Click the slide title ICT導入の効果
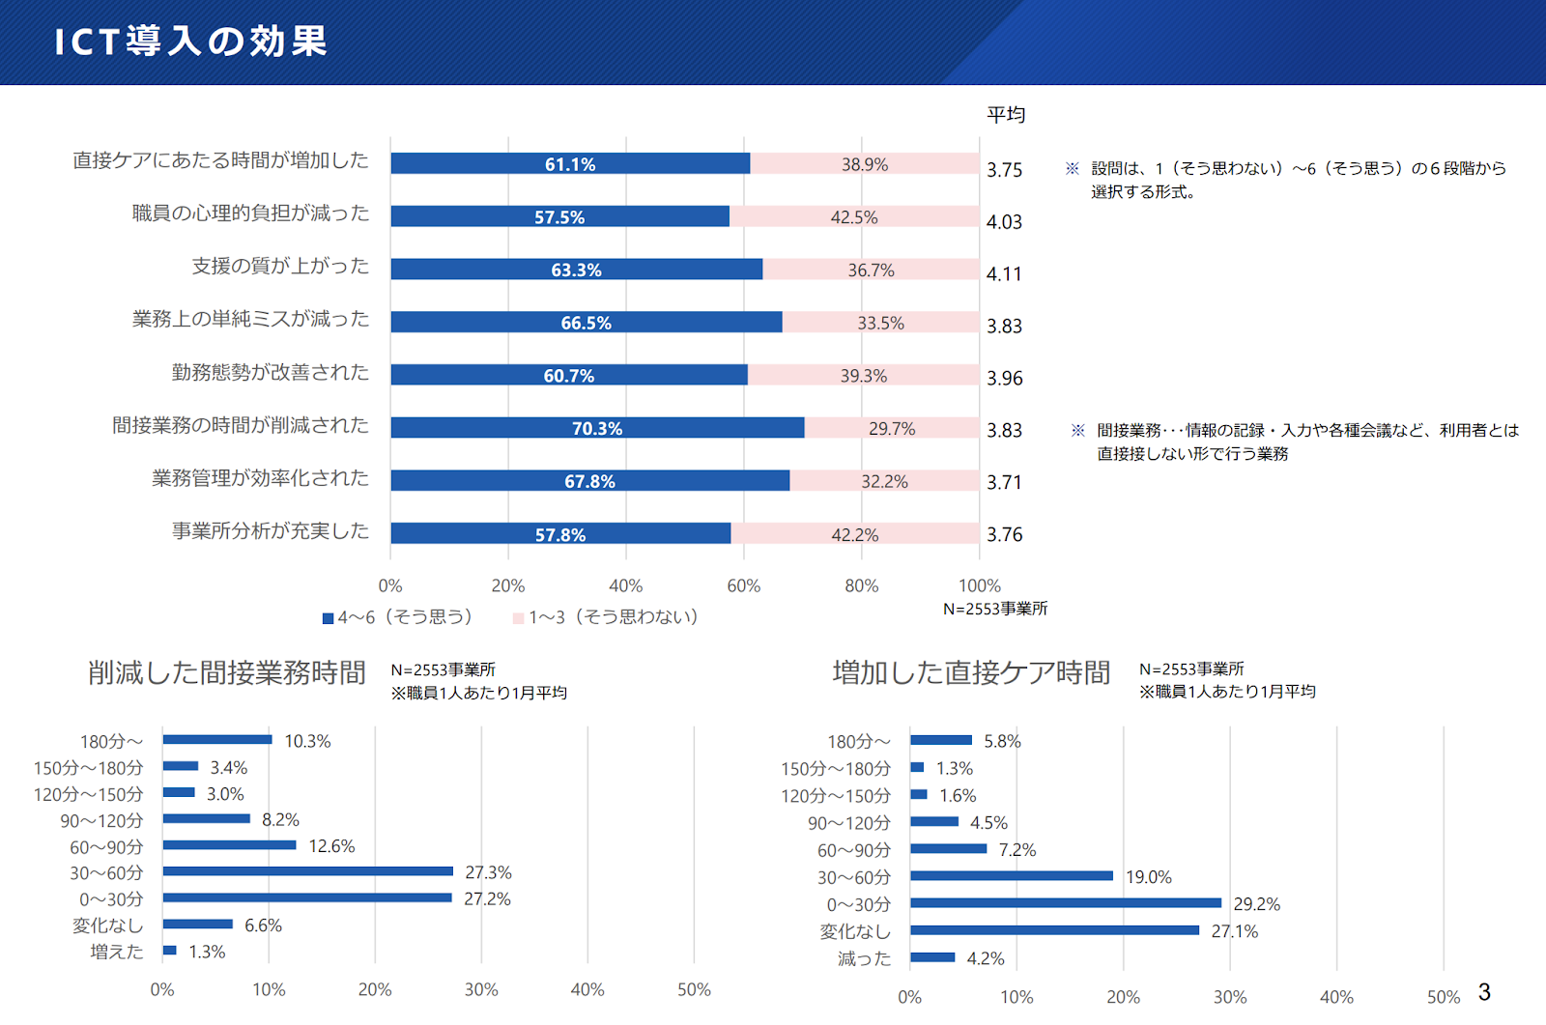coord(190,41)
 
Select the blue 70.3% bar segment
coord(598,428)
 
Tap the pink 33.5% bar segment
coord(880,323)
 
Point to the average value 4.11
coord(1004,274)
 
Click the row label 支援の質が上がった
coord(280,266)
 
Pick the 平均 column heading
coord(1006,115)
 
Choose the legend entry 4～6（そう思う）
coord(398,617)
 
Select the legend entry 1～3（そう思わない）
coord(606,617)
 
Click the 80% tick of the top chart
coord(861,586)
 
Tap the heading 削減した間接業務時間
coord(226,672)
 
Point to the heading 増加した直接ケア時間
coord(971,672)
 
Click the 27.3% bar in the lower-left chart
coord(308,871)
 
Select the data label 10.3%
coord(308,741)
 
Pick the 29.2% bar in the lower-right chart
coord(1066,903)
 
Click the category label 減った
coord(864,958)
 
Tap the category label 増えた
coord(117,952)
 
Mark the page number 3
coord(1484,992)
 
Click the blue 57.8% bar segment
coord(561,533)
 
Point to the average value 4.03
coord(1004,222)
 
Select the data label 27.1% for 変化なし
coord(1235,932)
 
